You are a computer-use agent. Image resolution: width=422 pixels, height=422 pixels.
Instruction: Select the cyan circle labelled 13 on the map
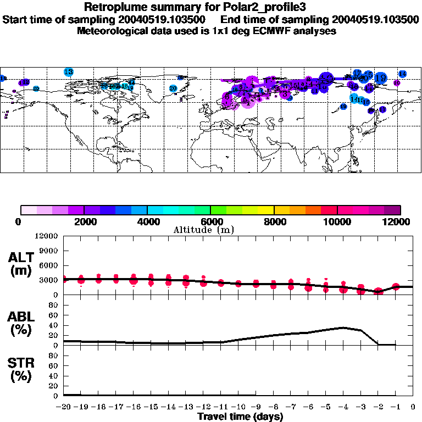(69, 71)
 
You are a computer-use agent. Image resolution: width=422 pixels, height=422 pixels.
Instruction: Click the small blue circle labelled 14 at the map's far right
(402, 74)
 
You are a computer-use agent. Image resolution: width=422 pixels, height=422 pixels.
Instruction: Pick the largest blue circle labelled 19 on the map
(380, 79)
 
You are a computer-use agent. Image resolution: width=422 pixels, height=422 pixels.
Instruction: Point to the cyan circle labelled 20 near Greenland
(173, 88)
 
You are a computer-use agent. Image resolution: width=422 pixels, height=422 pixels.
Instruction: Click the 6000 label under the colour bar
(210, 221)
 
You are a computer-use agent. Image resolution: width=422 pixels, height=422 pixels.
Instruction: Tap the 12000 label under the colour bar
(399, 221)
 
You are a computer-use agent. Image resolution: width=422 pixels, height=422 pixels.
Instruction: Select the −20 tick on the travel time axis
(64, 407)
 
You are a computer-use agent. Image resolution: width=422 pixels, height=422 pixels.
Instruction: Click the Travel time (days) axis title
(240, 417)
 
